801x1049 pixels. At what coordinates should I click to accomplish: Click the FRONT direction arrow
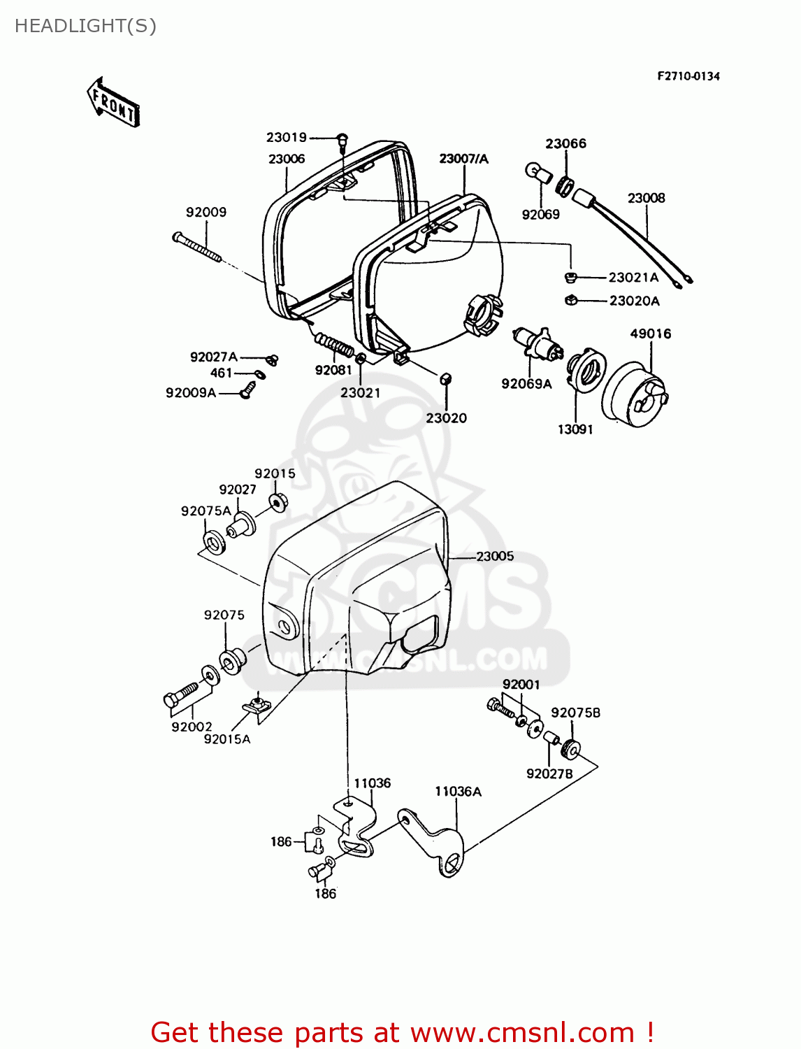[113, 103]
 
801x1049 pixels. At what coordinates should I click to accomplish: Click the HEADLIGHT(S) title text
[85, 26]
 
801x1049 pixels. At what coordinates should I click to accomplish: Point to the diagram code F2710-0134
[688, 76]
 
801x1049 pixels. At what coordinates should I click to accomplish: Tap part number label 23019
[286, 138]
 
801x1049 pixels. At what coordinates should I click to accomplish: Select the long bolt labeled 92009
[197, 248]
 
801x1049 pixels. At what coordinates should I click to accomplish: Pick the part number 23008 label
[646, 198]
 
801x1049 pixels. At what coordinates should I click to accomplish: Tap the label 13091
[575, 429]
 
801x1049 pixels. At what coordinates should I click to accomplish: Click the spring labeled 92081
[335, 344]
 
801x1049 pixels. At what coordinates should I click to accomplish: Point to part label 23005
[495, 557]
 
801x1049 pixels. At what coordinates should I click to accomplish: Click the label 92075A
[205, 511]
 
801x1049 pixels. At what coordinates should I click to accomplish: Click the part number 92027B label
[549, 773]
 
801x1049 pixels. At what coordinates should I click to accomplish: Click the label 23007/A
[463, 159]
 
